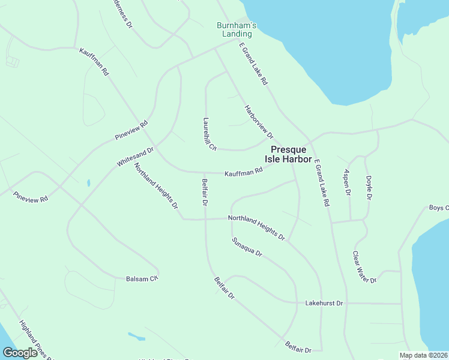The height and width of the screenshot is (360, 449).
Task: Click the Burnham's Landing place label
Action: click(237, 29)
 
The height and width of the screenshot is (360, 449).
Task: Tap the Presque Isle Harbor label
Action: click(291, 154)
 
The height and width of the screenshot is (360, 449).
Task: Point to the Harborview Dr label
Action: click(259, 122)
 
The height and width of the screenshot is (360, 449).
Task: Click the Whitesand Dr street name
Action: click(136, 157)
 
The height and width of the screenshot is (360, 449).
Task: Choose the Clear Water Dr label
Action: click(364, 267)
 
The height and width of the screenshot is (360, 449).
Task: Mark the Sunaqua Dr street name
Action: click(247, 247)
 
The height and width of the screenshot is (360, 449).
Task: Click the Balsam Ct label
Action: click(142, 279)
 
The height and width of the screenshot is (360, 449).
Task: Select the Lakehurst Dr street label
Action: click(324, 304)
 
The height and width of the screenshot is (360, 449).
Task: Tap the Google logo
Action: click(20, 353)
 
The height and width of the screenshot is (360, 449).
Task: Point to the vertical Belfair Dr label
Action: click(205, 193)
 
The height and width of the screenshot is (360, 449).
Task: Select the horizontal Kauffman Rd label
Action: click(244, 173)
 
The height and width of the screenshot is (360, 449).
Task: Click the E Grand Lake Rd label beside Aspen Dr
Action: click(322, 182)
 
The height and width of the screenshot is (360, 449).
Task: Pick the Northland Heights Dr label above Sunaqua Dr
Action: click(256, 228)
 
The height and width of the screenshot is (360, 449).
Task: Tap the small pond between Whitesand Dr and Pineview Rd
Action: click(88, 182)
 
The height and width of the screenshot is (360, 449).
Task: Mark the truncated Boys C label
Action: click(439, 208)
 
